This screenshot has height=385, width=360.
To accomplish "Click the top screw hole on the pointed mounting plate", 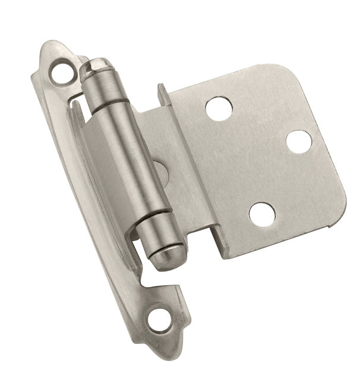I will coord(61,72).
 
